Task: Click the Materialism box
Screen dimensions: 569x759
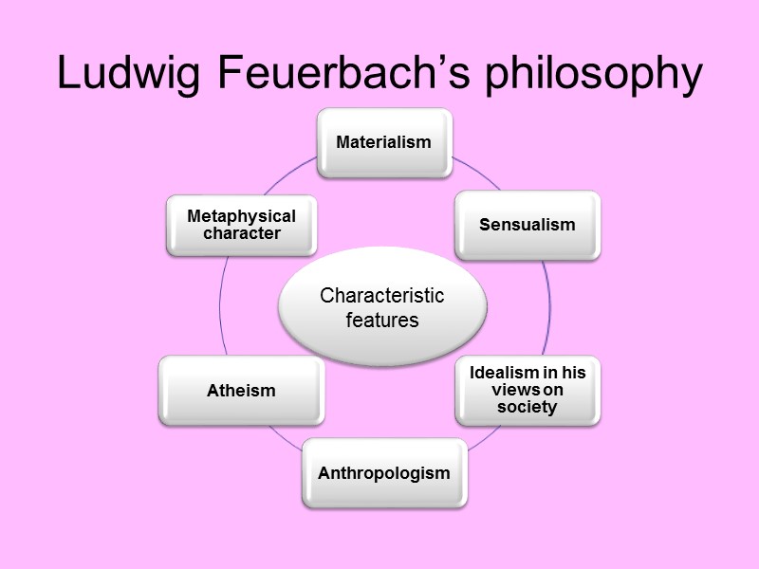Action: point(383,142)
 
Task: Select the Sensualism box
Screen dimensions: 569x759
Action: point(527,225)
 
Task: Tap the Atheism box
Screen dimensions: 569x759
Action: point(241,390)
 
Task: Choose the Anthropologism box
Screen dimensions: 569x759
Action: point(384,472)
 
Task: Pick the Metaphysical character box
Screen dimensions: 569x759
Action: point(241,225)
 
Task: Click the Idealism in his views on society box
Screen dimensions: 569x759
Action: point(528,390)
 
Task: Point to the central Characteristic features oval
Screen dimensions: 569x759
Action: point(382,307)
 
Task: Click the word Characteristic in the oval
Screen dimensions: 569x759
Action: point(382,296)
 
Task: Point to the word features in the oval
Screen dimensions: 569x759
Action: point(382,320)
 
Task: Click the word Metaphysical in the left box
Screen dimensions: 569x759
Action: point(241,216)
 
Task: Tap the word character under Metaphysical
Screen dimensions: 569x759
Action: point(241,233)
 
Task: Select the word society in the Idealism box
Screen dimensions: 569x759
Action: point(528,407)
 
